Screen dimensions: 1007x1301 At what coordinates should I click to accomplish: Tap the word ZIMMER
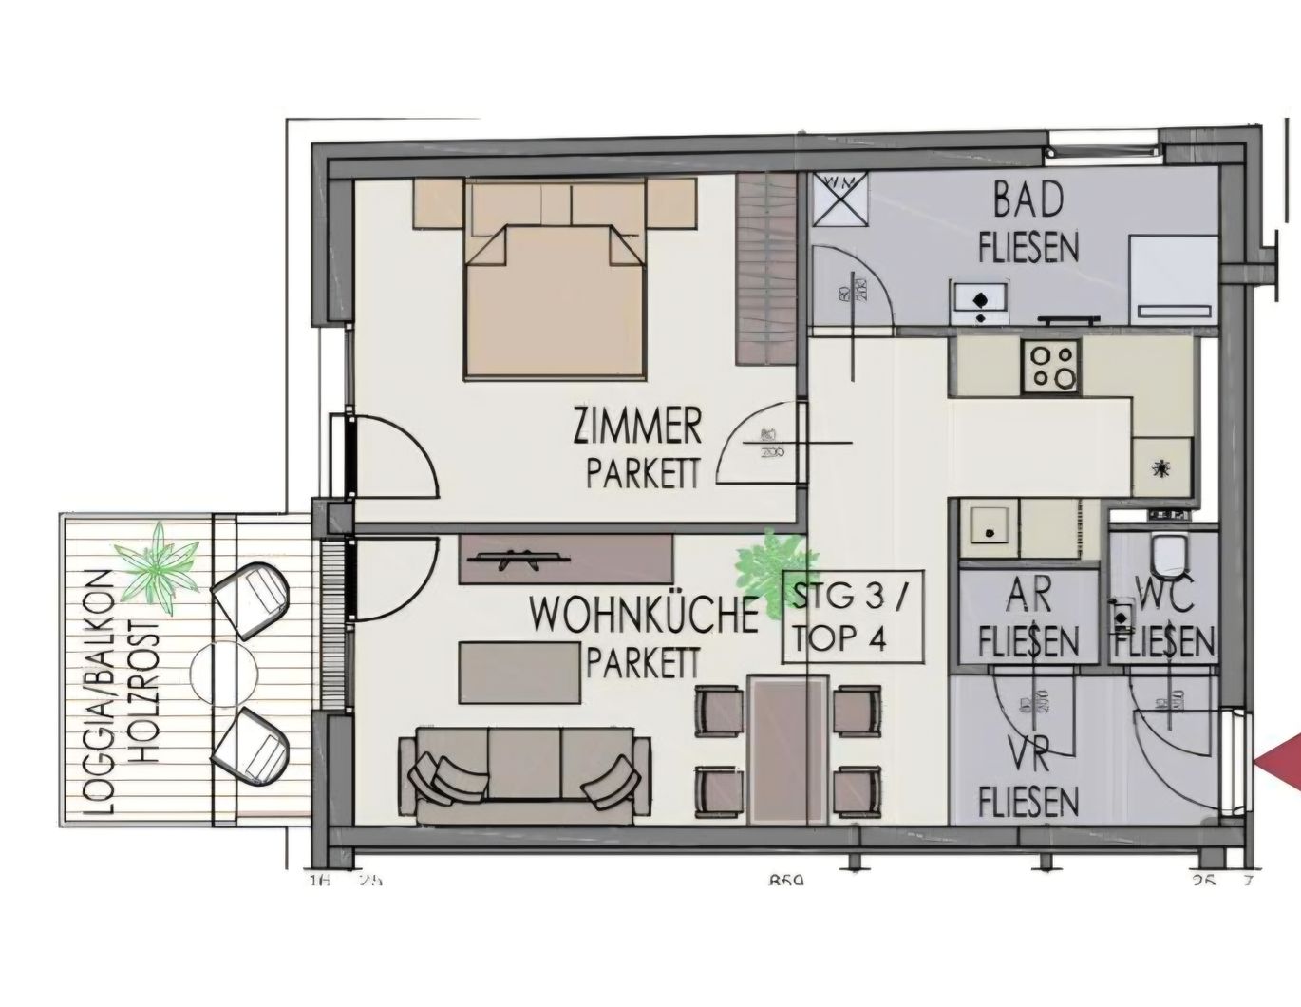(637, 427)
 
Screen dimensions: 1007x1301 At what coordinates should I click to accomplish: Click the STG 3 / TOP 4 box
(852, 618)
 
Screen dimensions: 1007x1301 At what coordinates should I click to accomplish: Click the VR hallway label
(1028, 760)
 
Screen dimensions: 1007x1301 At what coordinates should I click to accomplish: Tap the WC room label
(1164, 598)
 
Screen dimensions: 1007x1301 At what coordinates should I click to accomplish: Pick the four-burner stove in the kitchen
(1050, 367)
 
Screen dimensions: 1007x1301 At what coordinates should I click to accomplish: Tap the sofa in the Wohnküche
(523, 770)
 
